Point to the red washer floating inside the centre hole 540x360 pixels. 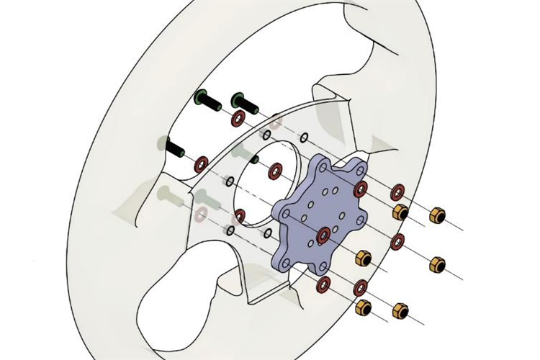point(275,171)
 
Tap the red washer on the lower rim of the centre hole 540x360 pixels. point(240,215)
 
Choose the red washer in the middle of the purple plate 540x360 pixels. point(323,233)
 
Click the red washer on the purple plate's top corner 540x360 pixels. point(361,189)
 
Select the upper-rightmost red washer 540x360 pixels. point(397,192)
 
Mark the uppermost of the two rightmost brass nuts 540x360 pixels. point(436,215)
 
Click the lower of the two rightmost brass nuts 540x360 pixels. point(437,264)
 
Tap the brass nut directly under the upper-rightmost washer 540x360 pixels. point(400,212)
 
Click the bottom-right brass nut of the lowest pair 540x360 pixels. point(400,310)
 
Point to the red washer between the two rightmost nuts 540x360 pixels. point(397,242)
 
